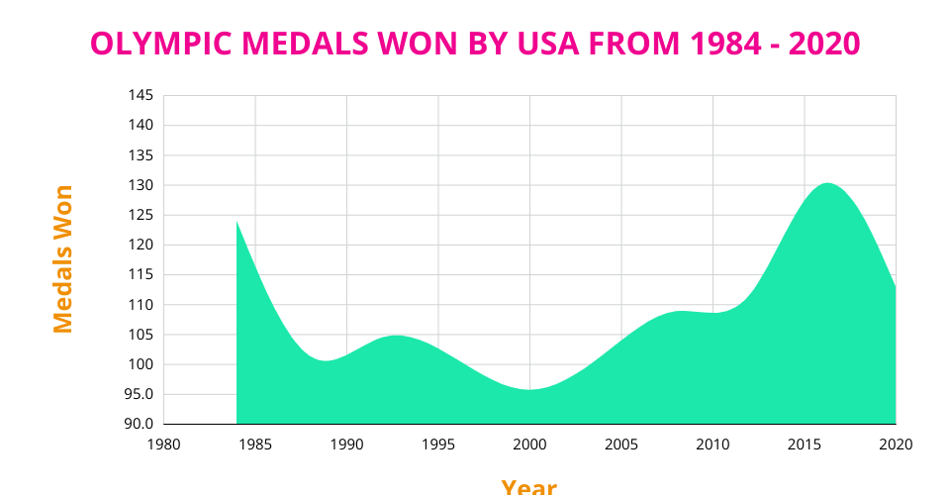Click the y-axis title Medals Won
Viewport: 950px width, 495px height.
[63, 258]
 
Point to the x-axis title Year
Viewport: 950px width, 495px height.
[528, 486]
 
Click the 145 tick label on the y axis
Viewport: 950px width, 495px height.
[141, 95]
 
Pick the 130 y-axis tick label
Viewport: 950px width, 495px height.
[141, 185]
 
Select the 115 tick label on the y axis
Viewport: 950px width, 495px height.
[141, 275]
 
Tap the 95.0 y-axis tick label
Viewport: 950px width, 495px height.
[139, 394]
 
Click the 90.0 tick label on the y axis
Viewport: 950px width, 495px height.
[139, 424]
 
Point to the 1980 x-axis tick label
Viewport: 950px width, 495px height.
[163, 444]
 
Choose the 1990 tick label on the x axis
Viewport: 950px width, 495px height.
[346, 444]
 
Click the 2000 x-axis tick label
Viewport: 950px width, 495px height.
[529, 444]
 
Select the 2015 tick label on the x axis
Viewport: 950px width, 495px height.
[805, 444]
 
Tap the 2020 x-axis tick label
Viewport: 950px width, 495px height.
[895, 444]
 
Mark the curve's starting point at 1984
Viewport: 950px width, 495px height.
[237, 221]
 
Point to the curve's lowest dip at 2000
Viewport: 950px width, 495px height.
[529, 389]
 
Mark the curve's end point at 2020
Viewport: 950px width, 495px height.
[895, 287]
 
